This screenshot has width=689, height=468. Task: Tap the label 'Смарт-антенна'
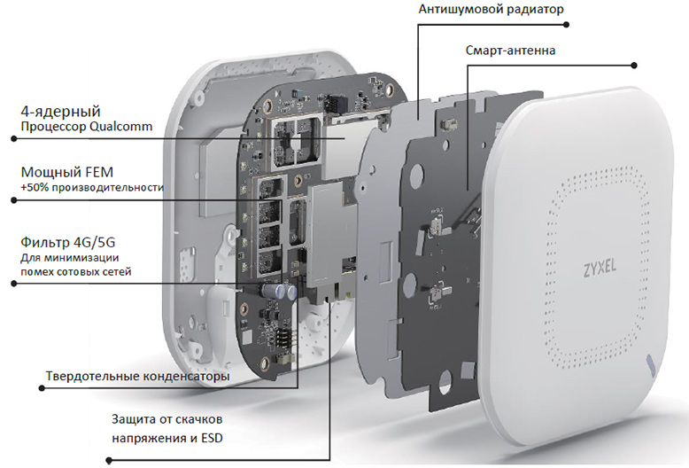511,51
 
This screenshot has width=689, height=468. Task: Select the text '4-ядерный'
60,112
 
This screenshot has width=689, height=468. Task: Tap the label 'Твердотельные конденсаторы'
137,377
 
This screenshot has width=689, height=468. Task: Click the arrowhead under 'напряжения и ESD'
108,460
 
